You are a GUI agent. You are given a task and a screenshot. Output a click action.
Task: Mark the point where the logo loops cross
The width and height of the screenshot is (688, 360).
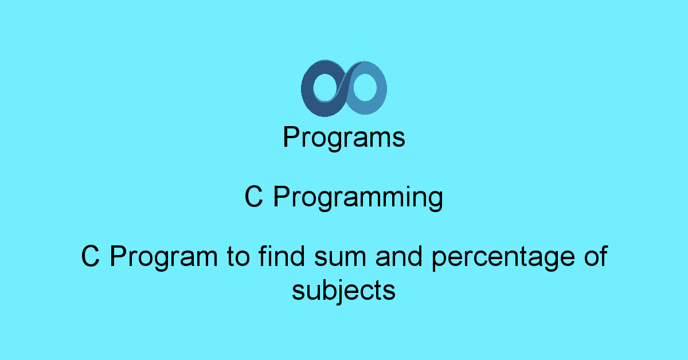[x=344, y=88]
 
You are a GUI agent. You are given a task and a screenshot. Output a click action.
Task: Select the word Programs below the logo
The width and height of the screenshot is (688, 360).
[x=344, y=138]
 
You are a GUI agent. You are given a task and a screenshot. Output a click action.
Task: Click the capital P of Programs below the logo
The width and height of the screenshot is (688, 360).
[x=291, y=137]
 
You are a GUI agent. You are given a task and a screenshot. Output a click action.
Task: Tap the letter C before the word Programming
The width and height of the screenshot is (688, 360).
[x=253, y=198]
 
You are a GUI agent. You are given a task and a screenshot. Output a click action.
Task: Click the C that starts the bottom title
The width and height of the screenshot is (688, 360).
[x=90, y=257]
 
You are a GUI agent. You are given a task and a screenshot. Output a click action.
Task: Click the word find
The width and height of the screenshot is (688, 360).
[x=281, y=256]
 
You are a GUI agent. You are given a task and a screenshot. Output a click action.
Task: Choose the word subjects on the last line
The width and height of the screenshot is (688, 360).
[x=344, y=291]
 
